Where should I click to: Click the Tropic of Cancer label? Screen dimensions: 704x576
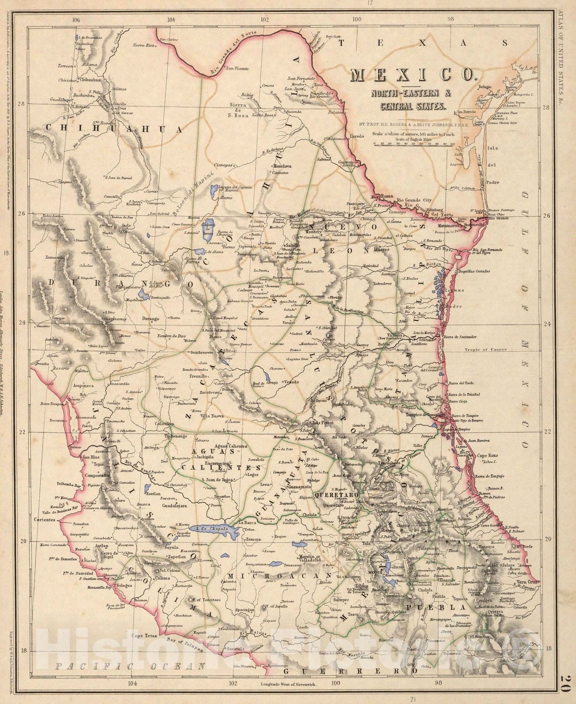point(485,350)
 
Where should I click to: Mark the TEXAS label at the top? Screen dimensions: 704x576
point(422,43)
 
